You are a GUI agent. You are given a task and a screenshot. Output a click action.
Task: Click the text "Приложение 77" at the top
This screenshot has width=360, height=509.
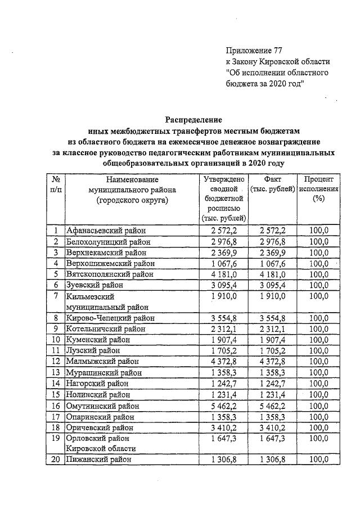point(254,49)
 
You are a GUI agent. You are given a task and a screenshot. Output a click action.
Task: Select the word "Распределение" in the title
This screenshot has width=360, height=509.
point(193,119)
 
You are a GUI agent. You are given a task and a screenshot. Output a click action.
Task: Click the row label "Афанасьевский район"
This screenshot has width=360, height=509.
point(105,230)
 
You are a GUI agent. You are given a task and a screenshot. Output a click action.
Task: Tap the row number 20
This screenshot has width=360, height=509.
point(55,460)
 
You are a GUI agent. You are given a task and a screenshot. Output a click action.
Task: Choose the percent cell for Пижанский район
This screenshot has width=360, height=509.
point(319,460)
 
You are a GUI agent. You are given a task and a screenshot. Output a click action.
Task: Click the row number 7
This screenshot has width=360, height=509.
point(55,296)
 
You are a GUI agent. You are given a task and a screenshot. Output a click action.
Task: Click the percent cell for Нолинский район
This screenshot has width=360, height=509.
point(319,394)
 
